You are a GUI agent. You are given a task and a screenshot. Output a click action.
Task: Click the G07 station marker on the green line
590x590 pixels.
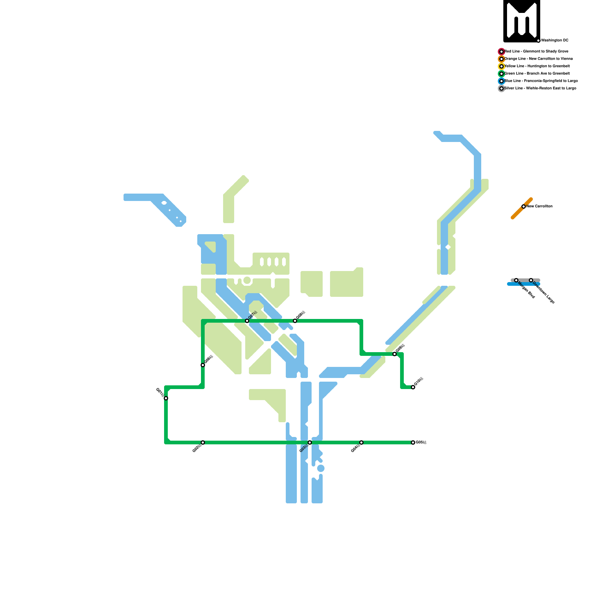pos(247,321)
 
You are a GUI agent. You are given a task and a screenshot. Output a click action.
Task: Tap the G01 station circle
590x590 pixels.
pos(166,398)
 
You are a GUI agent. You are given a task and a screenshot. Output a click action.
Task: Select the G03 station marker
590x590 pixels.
pos(310,442)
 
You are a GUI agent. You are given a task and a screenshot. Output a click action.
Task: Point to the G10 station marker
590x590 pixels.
pos(413,387)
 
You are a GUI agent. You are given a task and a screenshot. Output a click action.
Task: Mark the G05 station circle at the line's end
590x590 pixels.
pos(413,442)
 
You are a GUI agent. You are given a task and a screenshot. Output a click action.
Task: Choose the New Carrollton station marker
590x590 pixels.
pos(524,206)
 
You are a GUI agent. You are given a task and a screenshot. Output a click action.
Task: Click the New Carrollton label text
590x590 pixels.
pos(539,206)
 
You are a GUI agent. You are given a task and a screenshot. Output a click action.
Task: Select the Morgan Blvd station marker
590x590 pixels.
pos(516,280)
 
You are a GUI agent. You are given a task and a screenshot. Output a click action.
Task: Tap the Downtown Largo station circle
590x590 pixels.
pos(531,280)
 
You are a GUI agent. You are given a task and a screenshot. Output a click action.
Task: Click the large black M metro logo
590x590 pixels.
pos(522,21)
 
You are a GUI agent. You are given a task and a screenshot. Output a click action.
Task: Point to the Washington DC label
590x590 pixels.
pos(555,41)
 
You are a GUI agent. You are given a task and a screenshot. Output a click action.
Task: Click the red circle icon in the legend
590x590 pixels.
pos(502,52)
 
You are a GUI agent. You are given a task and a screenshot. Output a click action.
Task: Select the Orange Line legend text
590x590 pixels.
pos(538,59)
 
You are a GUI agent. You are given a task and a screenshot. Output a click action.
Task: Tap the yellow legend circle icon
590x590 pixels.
pos(502,66)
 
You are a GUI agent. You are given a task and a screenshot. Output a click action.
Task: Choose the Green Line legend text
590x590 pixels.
pos(537,74)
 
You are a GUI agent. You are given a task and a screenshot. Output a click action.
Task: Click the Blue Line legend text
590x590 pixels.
pos(541,81)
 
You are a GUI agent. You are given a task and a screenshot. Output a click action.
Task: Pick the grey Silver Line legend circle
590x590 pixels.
pos(502,88)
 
